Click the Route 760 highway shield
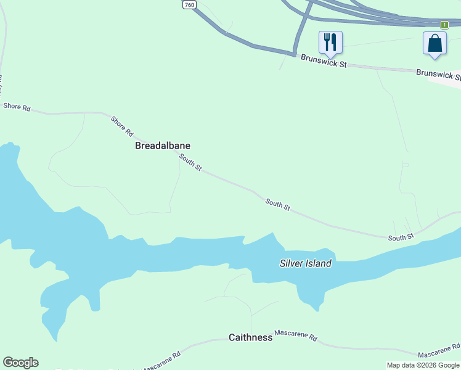pos(189,4)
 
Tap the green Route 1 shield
pos(444,25)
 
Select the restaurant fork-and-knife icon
pos(330,42)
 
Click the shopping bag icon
pos(434,44)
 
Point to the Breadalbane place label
pos(163,146)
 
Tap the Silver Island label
pos(306,263)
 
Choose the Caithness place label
pos(250,337)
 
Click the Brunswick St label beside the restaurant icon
pos(324,60)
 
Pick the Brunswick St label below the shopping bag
pos(438,75)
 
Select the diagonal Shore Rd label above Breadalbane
pos(122,126)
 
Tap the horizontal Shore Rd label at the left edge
pos(17,107)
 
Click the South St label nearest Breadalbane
pos(190,163)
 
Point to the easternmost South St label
pos(401,237)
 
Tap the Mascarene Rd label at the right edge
pos(439,352)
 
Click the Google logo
pos(20,363)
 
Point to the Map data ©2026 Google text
pos(423,365)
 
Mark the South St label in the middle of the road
pos(277,204)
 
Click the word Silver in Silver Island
pos(291,263)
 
